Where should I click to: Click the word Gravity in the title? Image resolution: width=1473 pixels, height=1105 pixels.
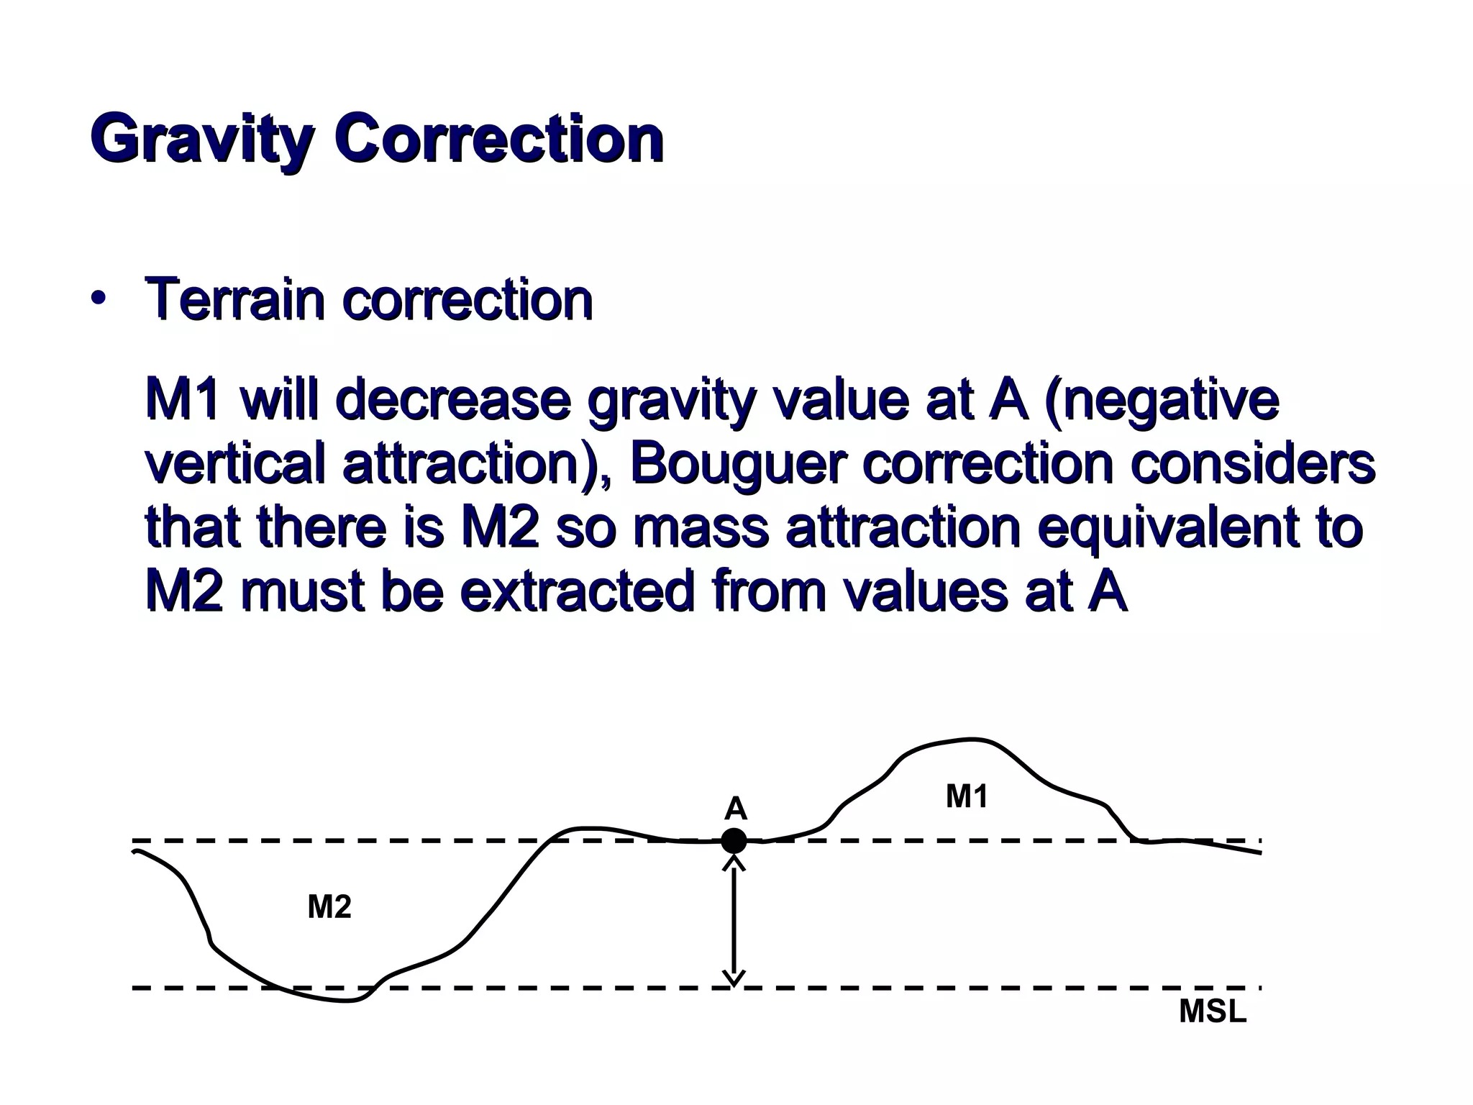(x=202, y=140)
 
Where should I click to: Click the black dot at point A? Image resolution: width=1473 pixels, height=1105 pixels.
(x=734, y=840)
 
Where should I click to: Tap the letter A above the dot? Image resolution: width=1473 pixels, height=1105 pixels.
(x=735, y=809)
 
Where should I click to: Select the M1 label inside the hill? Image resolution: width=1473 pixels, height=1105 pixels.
(x=967, y=796)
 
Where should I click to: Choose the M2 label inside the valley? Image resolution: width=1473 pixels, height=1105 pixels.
(x=329, y=907)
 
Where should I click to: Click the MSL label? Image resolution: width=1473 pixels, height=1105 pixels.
(x=1213, y=1012)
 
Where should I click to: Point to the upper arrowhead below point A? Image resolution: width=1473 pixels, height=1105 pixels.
(x=734, y=862)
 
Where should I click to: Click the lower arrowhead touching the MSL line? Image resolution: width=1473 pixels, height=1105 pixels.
(x=734, y=978)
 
